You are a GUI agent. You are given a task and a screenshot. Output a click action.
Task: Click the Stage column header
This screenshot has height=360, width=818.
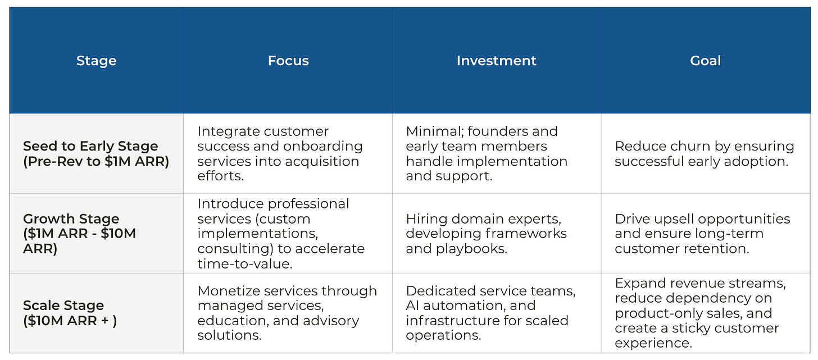96,61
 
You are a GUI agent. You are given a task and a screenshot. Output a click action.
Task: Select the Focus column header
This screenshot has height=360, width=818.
288,61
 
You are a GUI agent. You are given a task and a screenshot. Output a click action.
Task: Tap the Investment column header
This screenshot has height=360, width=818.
497,61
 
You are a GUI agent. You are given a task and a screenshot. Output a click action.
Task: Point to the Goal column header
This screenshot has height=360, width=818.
705,61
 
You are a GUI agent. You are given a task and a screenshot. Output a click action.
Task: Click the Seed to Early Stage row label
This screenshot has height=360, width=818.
96,154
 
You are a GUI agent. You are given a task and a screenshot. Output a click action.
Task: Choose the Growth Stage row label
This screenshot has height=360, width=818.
79,234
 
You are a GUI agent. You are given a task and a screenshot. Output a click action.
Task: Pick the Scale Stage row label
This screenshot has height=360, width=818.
70,313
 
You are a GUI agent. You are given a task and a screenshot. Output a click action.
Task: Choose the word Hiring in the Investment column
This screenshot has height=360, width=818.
424,219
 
